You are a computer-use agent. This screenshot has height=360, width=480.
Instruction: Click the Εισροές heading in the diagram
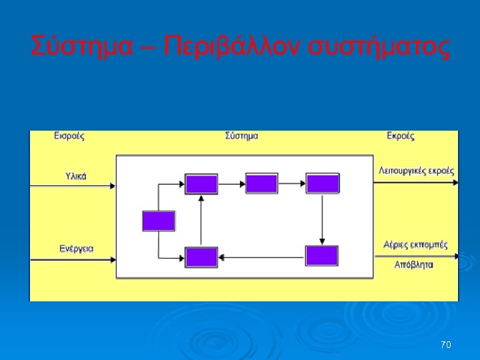[69, 136]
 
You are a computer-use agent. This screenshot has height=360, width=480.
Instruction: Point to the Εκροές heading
[401, 136]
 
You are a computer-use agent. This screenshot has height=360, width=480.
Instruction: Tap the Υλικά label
[76, 177]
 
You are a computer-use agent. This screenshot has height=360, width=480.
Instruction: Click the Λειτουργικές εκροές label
[416, 171]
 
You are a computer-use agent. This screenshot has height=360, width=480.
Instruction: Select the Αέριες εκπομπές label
[415, 244]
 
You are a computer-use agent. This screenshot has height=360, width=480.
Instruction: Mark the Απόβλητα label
[413, 264]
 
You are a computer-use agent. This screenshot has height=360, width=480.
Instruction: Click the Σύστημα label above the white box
[242, 136]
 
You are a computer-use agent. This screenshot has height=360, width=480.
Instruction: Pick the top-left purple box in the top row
[201, 183]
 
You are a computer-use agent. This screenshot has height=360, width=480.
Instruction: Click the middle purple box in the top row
[261, 183]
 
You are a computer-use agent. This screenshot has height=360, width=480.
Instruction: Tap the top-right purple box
[322, 183]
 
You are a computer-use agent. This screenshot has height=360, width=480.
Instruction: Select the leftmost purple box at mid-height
[159, 221]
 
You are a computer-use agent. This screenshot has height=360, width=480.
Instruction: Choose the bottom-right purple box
[322, 256]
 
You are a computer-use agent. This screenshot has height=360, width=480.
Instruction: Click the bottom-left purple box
[201, 257]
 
